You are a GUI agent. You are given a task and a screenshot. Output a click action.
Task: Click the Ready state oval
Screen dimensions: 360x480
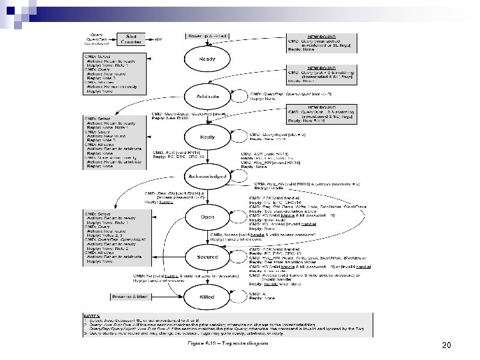click(207, 59)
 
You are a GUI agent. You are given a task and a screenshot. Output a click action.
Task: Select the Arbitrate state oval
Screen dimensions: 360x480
click(207, 97)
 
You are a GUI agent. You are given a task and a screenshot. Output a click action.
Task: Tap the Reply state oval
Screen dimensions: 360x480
click(207, 137)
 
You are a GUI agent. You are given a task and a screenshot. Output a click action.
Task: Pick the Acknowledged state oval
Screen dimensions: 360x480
click(207, 176)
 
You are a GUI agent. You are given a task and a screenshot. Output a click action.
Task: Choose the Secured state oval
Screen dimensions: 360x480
click(207, 257)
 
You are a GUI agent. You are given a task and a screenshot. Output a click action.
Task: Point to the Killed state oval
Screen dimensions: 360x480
click(207, 296)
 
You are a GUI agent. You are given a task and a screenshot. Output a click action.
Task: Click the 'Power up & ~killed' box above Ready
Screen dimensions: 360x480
click(208, 35)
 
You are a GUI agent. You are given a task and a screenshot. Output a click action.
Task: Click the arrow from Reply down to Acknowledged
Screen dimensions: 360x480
click(207, 157)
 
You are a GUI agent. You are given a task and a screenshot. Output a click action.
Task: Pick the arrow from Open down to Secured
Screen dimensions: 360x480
click(207, 237)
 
